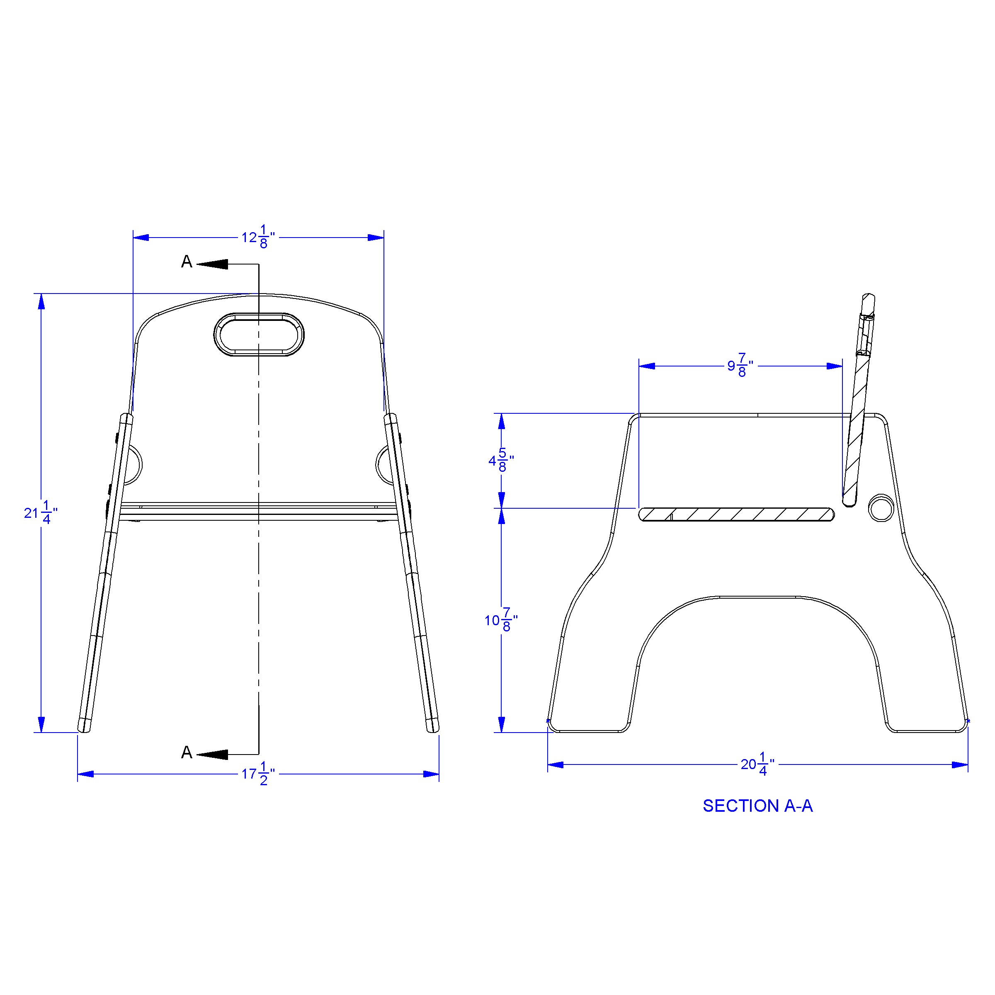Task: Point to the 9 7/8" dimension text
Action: [740, 366]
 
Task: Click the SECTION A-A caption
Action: [757, 806]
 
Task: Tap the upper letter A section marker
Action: [187, 262]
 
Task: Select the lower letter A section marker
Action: [187, 753]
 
